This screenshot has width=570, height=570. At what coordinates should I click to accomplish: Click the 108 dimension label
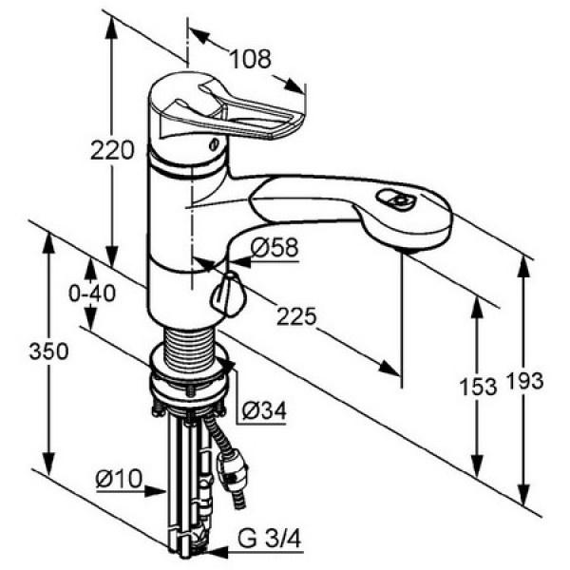(251, 59)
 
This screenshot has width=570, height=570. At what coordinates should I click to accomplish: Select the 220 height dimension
(112, 150)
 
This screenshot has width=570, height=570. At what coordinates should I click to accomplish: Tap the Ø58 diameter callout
(275, 248)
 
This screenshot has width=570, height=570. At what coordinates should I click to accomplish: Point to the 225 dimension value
(296, 316)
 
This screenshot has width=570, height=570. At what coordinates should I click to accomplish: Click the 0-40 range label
(92, 293)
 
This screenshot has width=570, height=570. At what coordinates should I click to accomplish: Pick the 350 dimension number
(48, 351)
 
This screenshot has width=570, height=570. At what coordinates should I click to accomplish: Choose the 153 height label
(478, 386)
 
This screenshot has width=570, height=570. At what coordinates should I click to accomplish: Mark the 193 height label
(524, 381)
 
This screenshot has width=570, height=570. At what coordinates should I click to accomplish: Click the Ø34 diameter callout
(264, 410)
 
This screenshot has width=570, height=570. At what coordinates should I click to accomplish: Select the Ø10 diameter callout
(119, 479)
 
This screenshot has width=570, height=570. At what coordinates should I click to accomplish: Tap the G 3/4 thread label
(270, 539)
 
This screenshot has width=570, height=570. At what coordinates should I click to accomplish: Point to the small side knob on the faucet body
(228, 294)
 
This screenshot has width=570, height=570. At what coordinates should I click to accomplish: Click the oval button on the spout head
(395, 199)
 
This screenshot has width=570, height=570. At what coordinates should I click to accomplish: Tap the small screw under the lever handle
(214, 144)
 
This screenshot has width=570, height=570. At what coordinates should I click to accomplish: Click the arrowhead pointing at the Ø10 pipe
(156, 491)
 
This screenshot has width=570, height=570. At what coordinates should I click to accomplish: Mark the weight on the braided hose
(231, 469)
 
